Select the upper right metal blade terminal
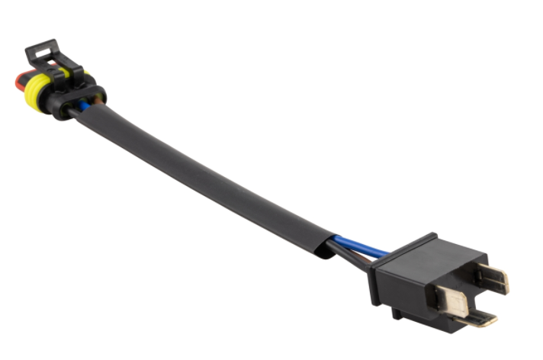coord(493,278)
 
